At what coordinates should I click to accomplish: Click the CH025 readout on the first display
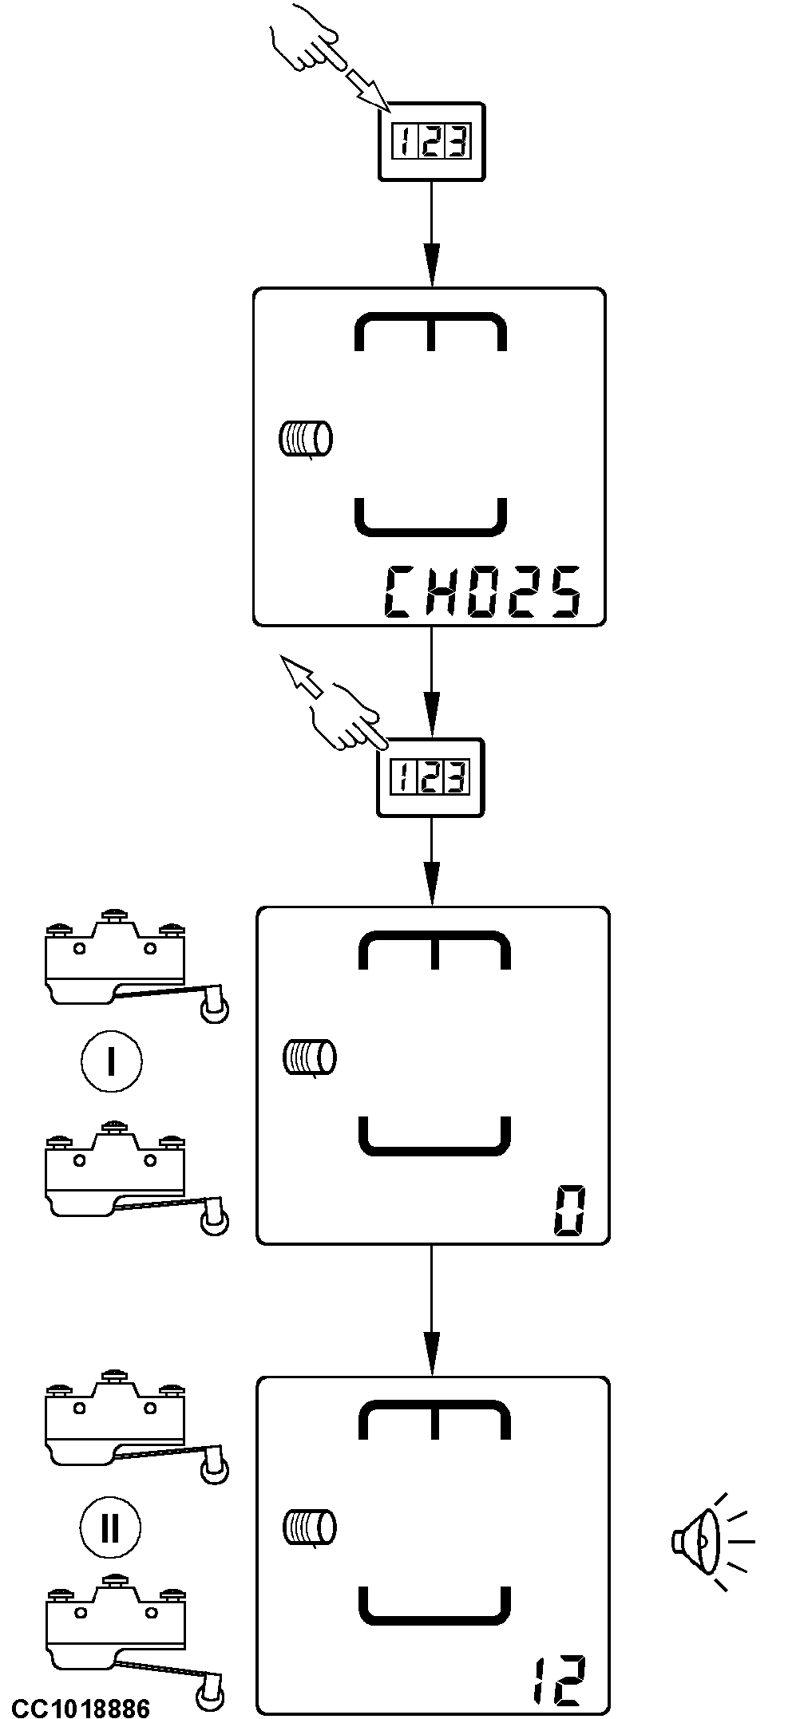481,592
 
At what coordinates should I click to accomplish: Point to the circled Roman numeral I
111,1061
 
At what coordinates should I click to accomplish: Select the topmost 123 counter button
431,141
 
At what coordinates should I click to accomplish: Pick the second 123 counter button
431,777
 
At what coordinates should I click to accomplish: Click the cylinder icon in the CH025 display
306,439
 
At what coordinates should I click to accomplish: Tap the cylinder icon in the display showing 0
310,1057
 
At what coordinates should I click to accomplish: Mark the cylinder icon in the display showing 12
310,1527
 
